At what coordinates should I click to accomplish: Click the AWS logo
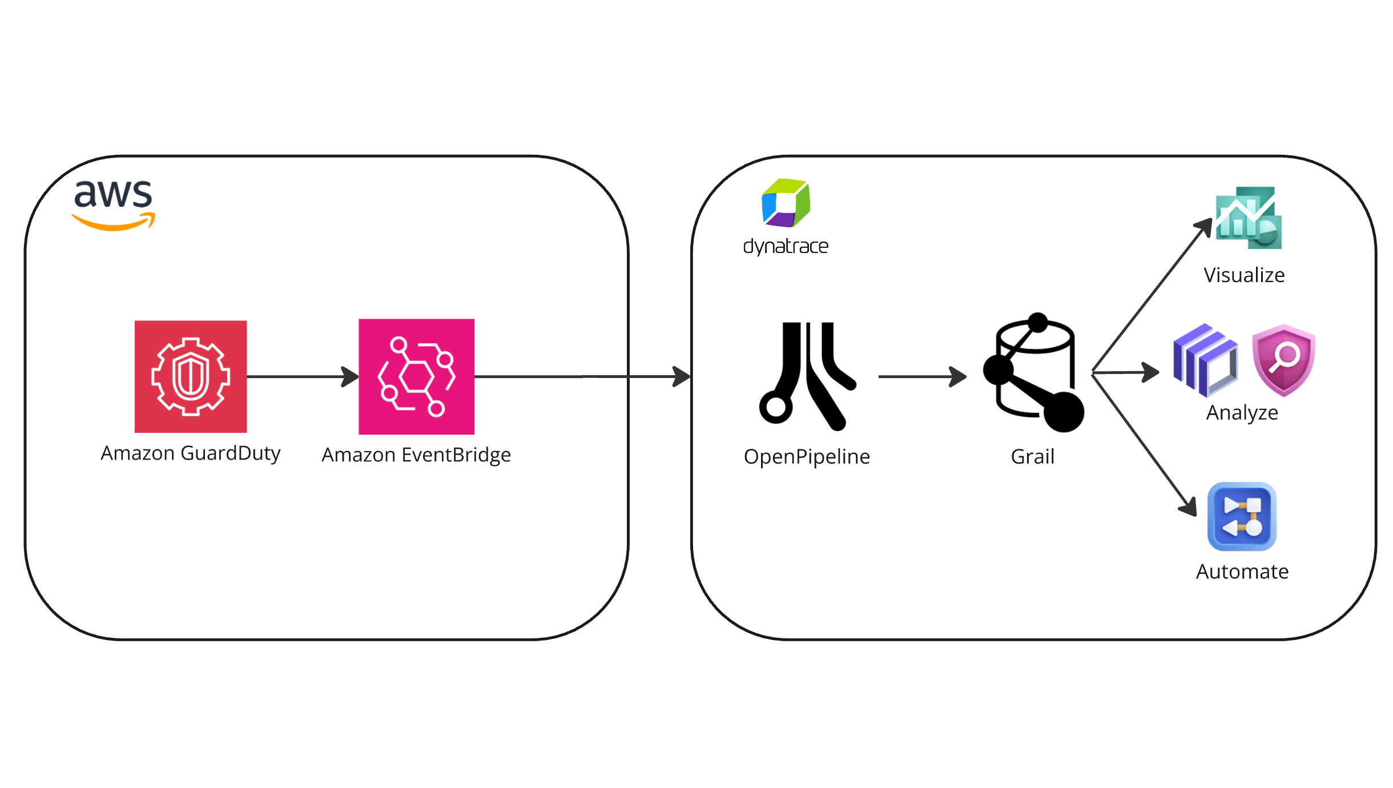(x=114, y=204)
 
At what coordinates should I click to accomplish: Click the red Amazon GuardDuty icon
(x=191, y=376)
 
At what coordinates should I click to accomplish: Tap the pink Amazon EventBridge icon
(x=416, y=376)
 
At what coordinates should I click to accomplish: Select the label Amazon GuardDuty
(x=191, y=453)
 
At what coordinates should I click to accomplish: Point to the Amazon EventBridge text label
(x=416, y=455)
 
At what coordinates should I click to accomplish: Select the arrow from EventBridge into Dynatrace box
(x=582, y=376)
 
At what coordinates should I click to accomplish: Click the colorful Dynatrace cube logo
(x=786, y=203)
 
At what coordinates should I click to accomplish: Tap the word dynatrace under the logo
(x=786, y=246)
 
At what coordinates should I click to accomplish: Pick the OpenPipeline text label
(x=807, y=457)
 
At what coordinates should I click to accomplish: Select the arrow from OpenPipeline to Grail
(x=921, y=376)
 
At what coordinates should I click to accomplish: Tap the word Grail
(x=1032, y=457)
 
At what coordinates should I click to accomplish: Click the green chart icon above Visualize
(x=1249, y=218)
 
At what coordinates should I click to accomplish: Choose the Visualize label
(x=1244, y=275)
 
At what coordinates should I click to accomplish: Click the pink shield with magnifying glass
(x=1283, y=360)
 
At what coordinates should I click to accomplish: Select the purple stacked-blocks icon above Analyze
(x=1205, y=360)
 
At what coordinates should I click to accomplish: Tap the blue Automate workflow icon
(x=1242, y=516)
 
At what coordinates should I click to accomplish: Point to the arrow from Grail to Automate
(x=1145, y=445)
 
